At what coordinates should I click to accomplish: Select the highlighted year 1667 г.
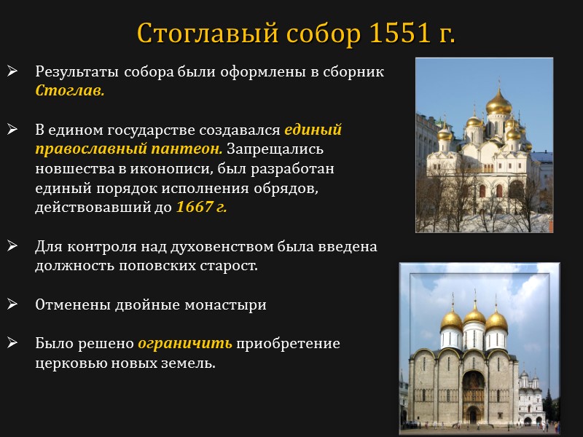pyautogui.click(x=202, y=206)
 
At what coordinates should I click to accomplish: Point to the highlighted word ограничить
pyautogui.click(x=185, y=342)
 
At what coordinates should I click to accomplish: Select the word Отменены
pyautogui.click(x=71, y=304)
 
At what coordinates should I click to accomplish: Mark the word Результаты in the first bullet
pyautogui.click(x=77, y=73)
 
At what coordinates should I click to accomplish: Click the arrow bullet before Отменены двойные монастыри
pyautogui.click(x=12, y=304)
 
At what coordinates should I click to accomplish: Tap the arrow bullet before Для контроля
pyautogui.click(x=12, y=246)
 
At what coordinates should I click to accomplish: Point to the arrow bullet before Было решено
pyautogui.click(x=12, y=342)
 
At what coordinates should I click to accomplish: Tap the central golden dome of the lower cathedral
pyautogui.click(x=474, y=316)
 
